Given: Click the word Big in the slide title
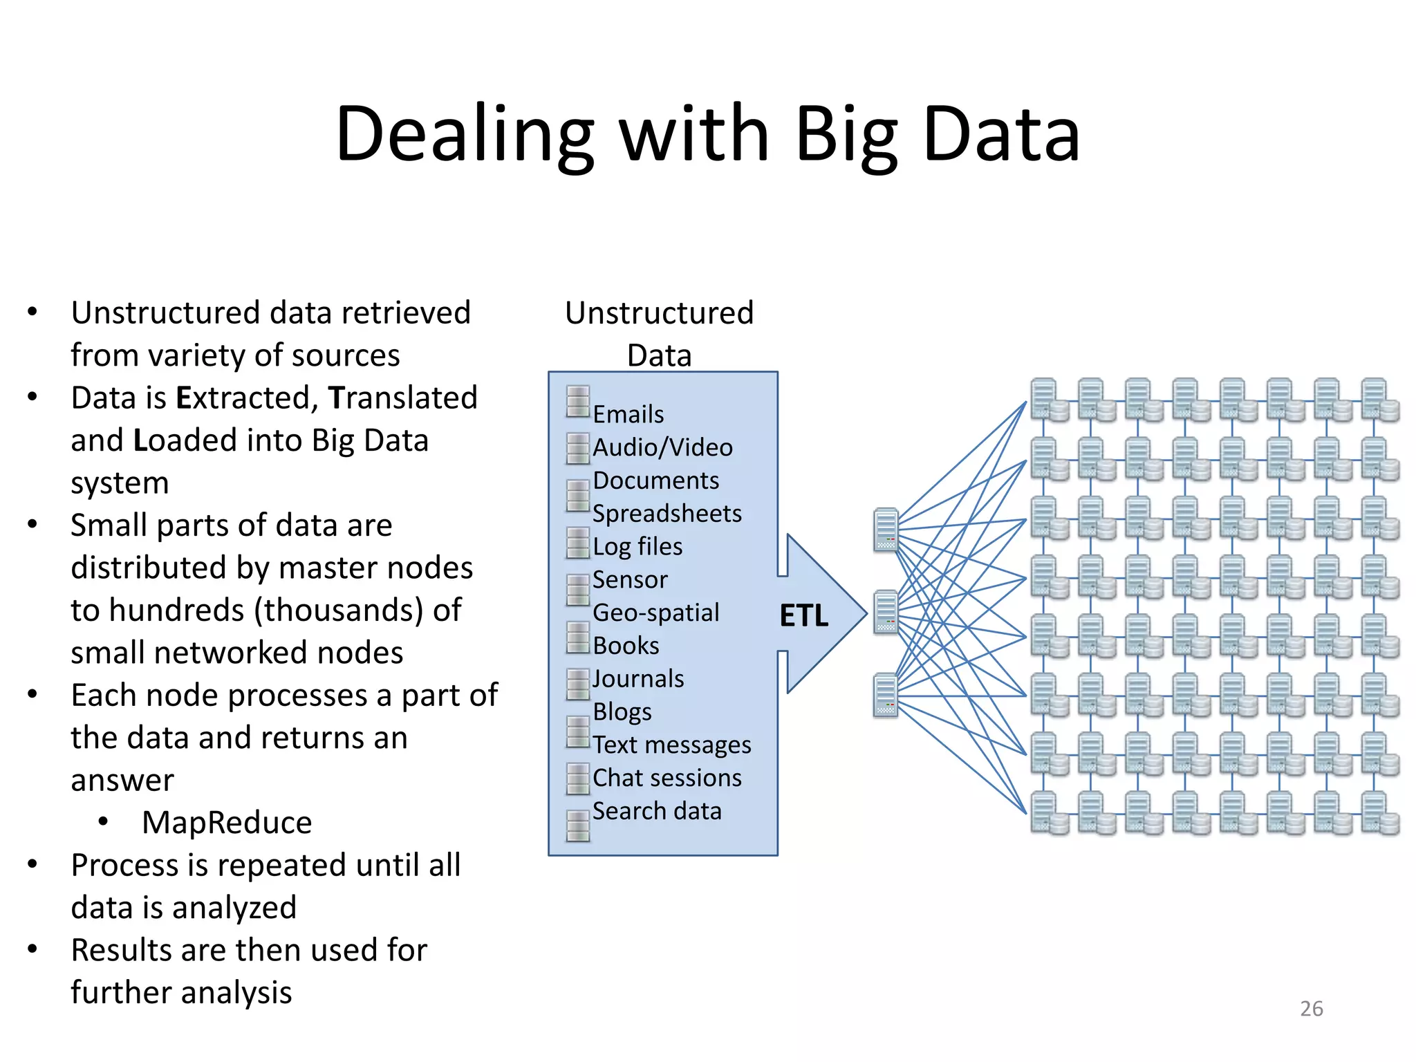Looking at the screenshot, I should point(846,136).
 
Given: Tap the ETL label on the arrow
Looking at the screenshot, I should point(803,615).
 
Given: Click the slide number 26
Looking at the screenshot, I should point(1311,1009).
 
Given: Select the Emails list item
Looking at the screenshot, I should point(628,414).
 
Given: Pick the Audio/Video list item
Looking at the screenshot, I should point(662,447).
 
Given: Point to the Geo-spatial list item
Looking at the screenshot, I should point(655,613).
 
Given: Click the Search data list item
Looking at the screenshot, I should point(657,811).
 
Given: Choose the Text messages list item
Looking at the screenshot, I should point(671,745).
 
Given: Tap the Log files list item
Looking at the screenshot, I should point(637,546).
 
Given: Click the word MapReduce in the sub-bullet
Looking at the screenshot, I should point(227,823).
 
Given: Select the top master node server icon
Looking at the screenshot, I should point(886,530).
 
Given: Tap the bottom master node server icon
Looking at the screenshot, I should point(886,695).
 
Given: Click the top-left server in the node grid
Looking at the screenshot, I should point(1048,400).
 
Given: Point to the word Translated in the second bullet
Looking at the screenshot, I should point(403,398).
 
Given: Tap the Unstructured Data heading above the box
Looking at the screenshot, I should point(659,333).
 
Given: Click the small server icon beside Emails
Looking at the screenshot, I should point(578,402).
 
